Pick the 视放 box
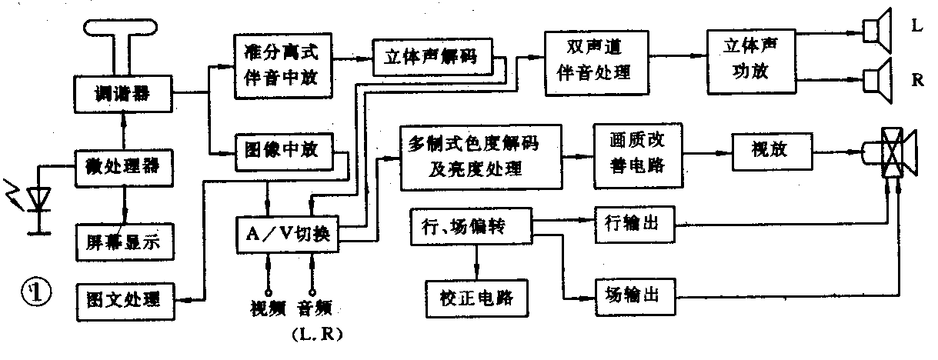771,152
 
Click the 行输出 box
636,225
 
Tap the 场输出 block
636,294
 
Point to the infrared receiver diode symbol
35,200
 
